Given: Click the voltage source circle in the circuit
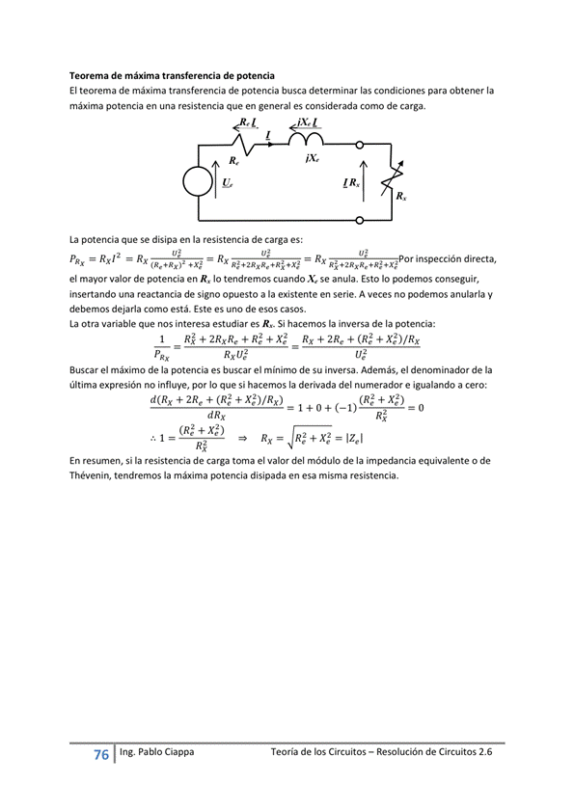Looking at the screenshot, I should pos(199,181).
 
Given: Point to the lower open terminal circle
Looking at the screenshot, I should pos(361,220).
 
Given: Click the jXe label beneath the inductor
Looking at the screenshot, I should pos(311,157).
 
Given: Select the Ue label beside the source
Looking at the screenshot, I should pos(227,182).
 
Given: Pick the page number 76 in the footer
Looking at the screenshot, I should pos(100,755).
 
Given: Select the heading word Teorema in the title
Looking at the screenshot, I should pos(94,75).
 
